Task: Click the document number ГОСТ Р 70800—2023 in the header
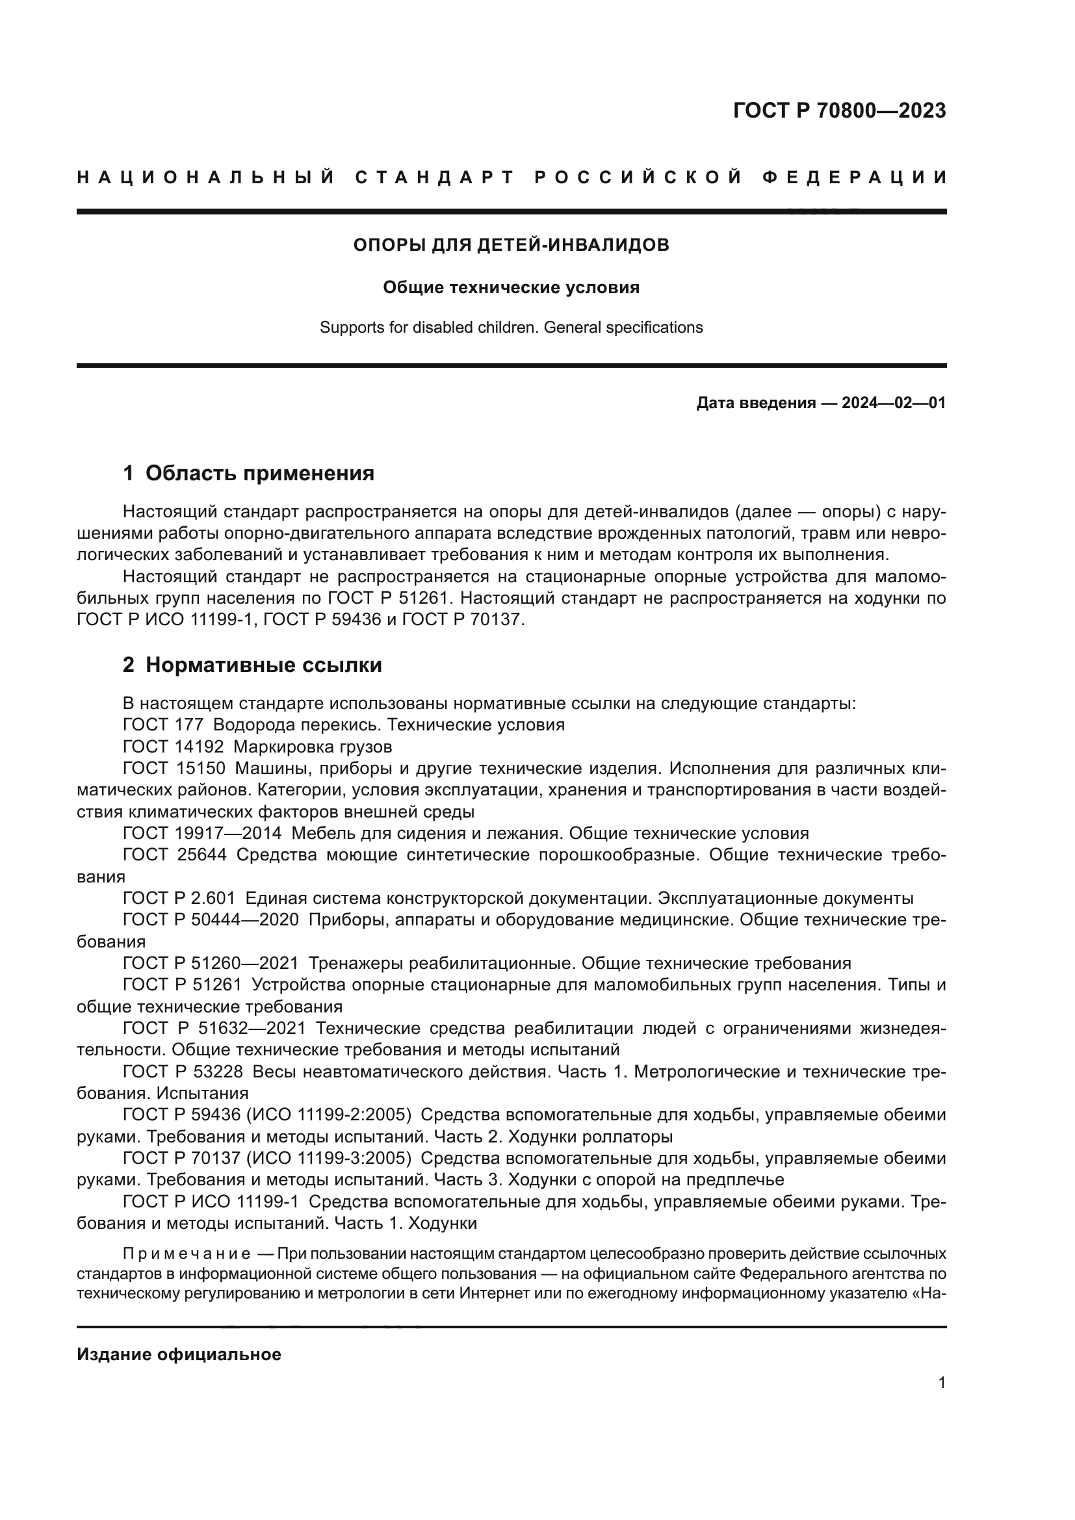click(838, 110)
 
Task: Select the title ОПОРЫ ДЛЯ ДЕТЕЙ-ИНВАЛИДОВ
click(511, 246)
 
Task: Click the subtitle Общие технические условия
click(511, 287)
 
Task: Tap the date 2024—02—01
click(893, 402)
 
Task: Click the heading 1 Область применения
click(248, 473)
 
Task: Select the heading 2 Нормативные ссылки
click(252, 665)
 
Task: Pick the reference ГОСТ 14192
click(174, 747)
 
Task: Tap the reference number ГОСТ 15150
click(174, 769)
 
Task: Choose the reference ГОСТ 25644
click(174, 855)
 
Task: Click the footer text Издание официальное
click(179, 1354)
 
